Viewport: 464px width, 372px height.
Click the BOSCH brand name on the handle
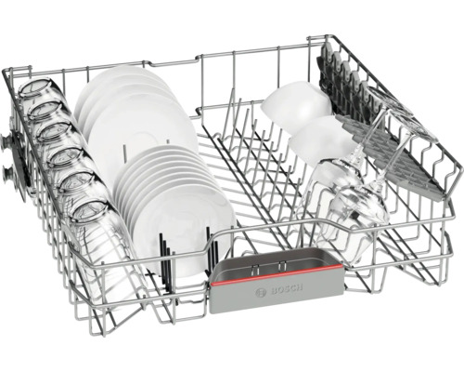tap(287, 289)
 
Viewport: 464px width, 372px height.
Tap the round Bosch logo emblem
tap(261, 293)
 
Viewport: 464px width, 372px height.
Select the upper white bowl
tap(295, 104)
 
